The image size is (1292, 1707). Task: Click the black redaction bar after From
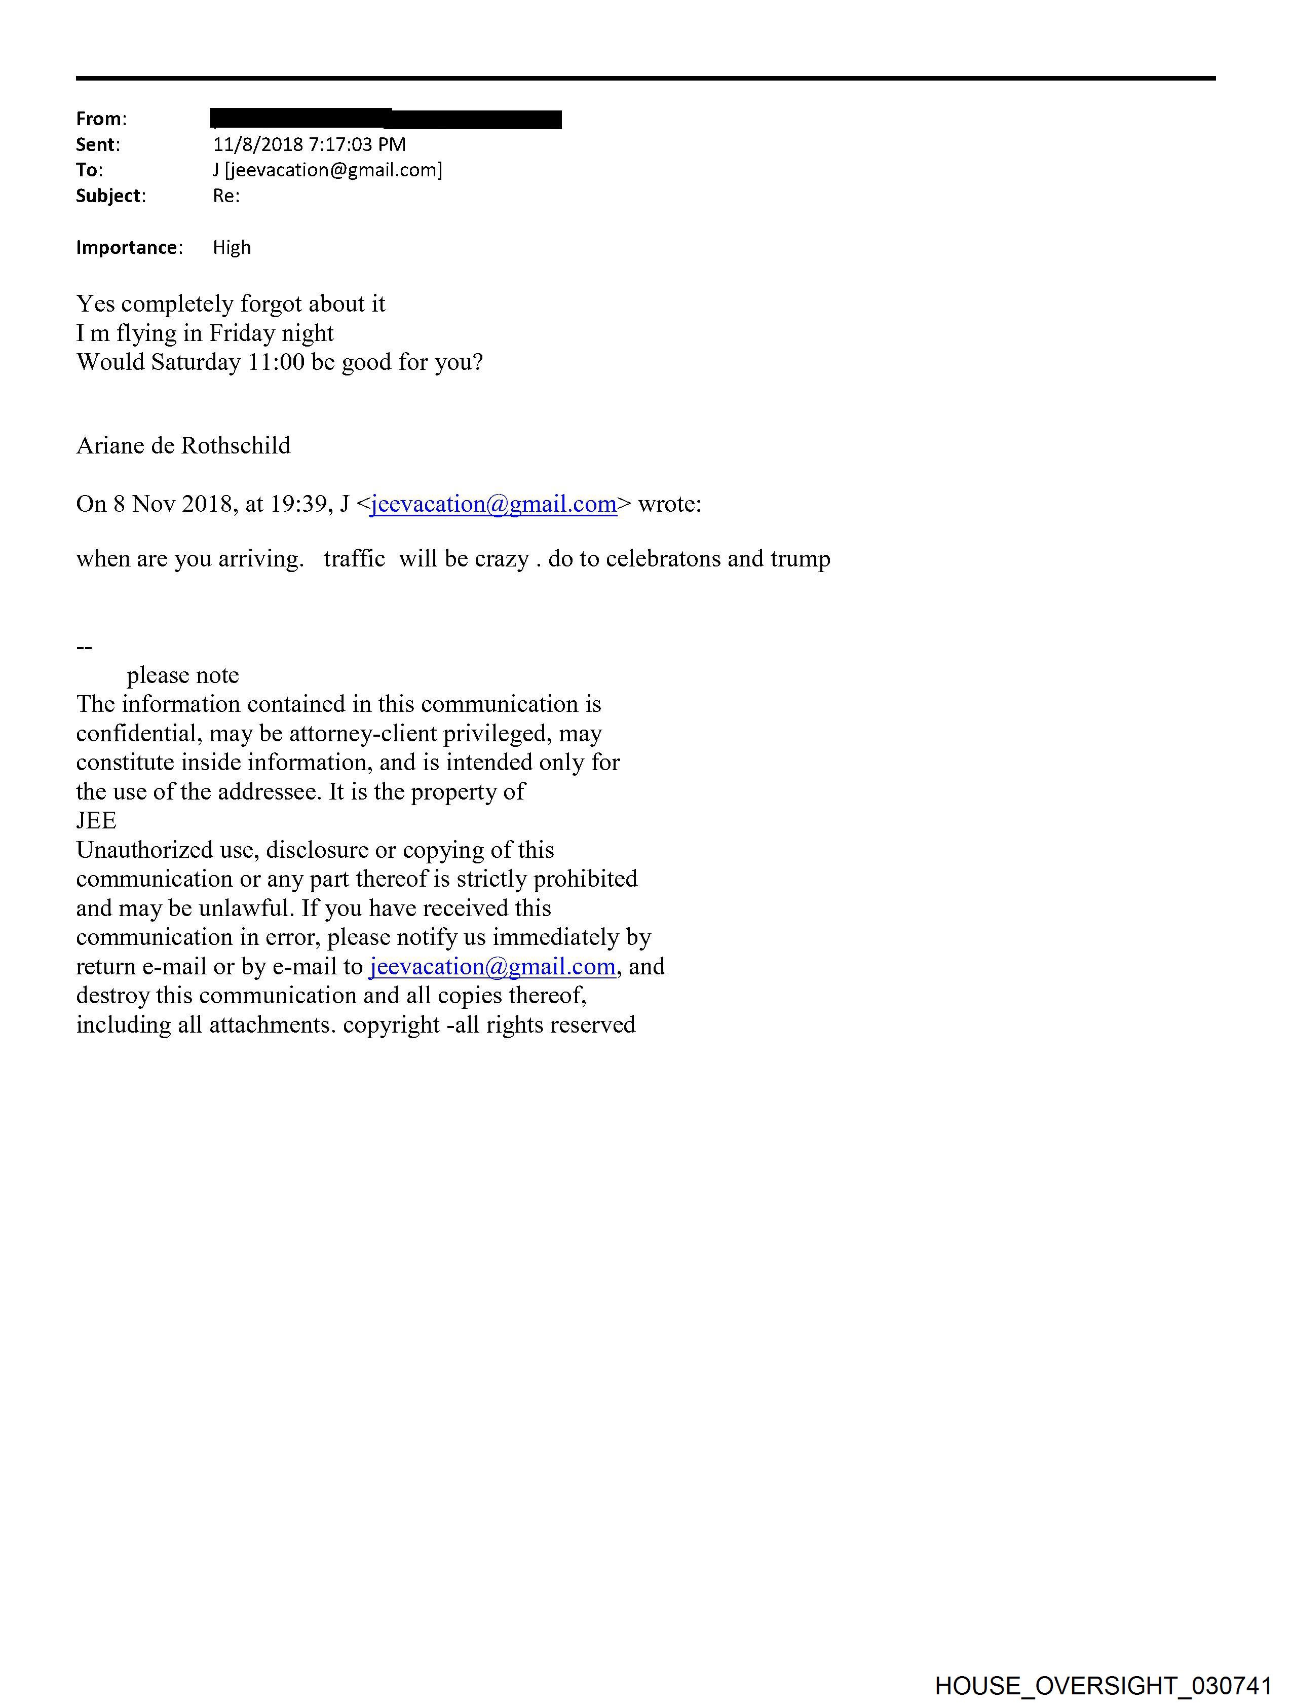386,119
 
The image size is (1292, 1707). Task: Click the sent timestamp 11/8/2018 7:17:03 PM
309,144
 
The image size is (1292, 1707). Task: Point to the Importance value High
232,248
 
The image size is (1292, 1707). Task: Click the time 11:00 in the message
276,362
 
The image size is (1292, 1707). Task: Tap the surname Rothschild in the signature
236,446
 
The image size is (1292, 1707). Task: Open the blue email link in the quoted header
493,504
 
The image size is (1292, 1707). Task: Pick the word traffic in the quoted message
354,559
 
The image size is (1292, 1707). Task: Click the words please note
183,675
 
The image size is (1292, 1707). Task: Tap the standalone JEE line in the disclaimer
96,820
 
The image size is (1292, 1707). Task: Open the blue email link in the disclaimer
492,966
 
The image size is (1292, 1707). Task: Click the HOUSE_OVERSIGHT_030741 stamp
1103,1685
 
